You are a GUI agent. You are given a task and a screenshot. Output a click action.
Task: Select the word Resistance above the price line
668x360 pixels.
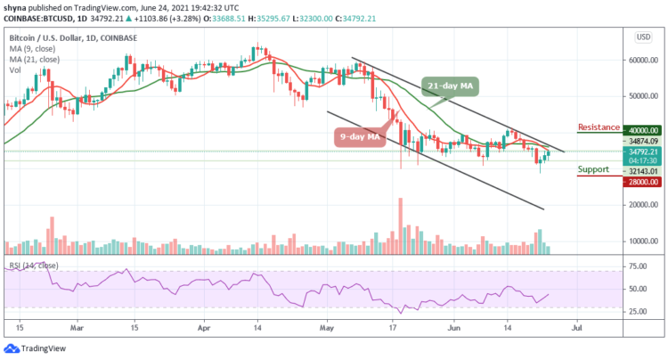pyautogui.click(x=599, y=127)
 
